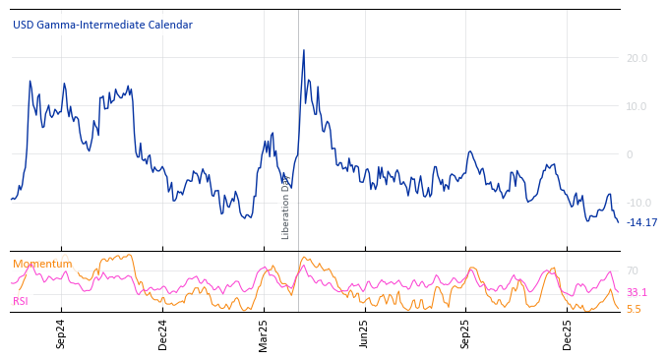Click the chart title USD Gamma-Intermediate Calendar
tap(102, 26)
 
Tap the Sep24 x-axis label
tap(61, 333)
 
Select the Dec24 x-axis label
tap(163, 333)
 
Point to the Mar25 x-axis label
tap(264, 333)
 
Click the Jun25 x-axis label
tap(364, 333)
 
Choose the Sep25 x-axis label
tap(465, 333)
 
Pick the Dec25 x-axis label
tap(568, 333)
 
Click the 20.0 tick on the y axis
tap(637, 59)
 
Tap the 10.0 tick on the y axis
tap(637, 107)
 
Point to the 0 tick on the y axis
tap(630, 154)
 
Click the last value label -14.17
tap(642, 222)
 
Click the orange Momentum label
tap(42, 265)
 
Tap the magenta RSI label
tap(21, 301)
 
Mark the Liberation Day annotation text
tap(286, 207)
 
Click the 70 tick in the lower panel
tap(633, 270)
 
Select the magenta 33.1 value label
tap(637, 293)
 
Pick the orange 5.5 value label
tap(634, 309)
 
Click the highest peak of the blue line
tap(303, 50)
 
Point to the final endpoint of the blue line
tap(618, 222)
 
